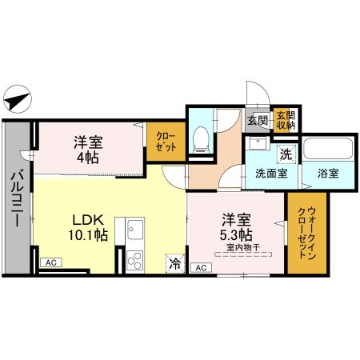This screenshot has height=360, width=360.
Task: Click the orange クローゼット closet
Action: (166, 142)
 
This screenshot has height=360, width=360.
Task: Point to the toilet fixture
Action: (202, 138)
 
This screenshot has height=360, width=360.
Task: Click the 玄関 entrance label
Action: (257, 121)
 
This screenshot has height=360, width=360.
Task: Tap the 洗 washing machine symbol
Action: (286, 154)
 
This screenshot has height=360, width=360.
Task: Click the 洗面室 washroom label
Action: (271, 173)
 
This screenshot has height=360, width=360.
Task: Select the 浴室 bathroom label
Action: (326, 173)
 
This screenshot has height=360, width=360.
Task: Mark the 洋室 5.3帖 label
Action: (238, 226)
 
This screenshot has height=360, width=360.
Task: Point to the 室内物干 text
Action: (243, 246)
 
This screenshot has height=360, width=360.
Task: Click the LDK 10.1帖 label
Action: (90, 226)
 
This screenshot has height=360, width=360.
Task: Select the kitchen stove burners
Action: (134, 259)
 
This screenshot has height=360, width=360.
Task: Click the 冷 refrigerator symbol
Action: (174, 262)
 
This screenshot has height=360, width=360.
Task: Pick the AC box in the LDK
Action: (50, 262)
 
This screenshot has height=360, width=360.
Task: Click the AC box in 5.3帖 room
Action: (198, 267)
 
